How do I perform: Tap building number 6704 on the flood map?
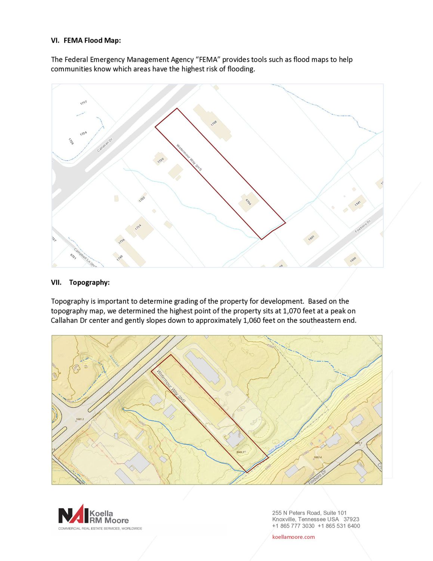tap(248, 202)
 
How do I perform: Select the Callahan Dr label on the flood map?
tap(105, 145)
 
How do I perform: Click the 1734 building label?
tap(138, 227)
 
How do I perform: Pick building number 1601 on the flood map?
tap(311, 238)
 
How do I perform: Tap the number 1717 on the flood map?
tap(83, 102)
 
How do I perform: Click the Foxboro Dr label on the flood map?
tap(362, 226)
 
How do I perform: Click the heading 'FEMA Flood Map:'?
tap(92, 40)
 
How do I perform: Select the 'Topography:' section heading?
tap(89, 282)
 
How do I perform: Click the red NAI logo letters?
tap(73, 515)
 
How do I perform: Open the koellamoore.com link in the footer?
tap(293, 537)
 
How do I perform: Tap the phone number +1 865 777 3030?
tap(293, 526)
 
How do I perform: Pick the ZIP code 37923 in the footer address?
tap(351, 519)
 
